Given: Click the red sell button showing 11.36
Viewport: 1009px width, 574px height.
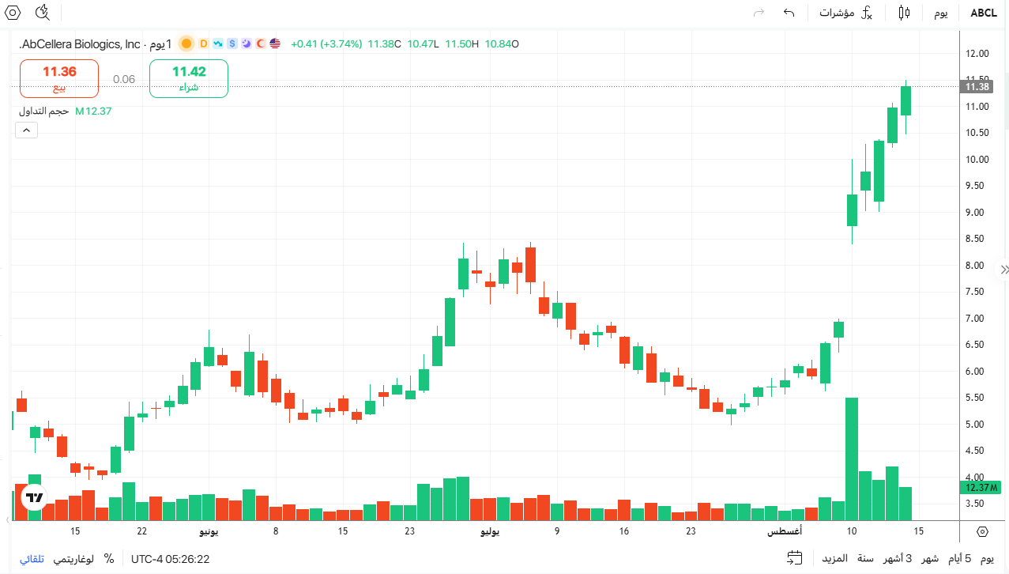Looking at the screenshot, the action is (59, 78).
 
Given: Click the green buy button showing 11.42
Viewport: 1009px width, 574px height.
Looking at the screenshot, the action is (189, 78).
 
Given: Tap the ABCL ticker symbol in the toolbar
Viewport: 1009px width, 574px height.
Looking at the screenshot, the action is (984, 13).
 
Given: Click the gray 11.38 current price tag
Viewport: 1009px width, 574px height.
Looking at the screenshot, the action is (977, 86).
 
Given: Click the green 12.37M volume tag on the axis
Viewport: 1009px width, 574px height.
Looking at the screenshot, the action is (981, 488).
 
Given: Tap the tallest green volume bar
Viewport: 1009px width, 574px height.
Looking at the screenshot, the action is (851, 459).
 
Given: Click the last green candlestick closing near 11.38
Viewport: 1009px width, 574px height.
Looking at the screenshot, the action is (905, 100).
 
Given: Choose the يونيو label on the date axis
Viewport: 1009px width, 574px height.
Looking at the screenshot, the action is (209, 531).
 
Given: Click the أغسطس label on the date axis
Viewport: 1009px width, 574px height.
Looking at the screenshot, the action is (785, 531).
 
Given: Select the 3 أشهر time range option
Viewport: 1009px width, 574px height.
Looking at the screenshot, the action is (898, 559).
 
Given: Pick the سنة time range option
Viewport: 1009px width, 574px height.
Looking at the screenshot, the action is (865, 559).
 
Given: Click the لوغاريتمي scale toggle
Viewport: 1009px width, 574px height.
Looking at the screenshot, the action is (73, 559).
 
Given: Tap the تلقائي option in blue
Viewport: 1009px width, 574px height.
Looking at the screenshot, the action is (32, 559).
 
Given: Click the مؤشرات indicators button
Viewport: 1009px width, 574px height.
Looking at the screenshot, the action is (837, 13).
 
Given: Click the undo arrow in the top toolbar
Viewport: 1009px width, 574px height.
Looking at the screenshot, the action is (789, 13).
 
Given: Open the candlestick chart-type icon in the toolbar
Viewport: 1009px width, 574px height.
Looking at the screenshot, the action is (904, 13).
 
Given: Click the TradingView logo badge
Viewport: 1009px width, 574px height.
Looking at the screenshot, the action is (34, 497).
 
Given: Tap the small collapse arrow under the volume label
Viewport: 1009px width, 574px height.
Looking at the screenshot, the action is (27, 130).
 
